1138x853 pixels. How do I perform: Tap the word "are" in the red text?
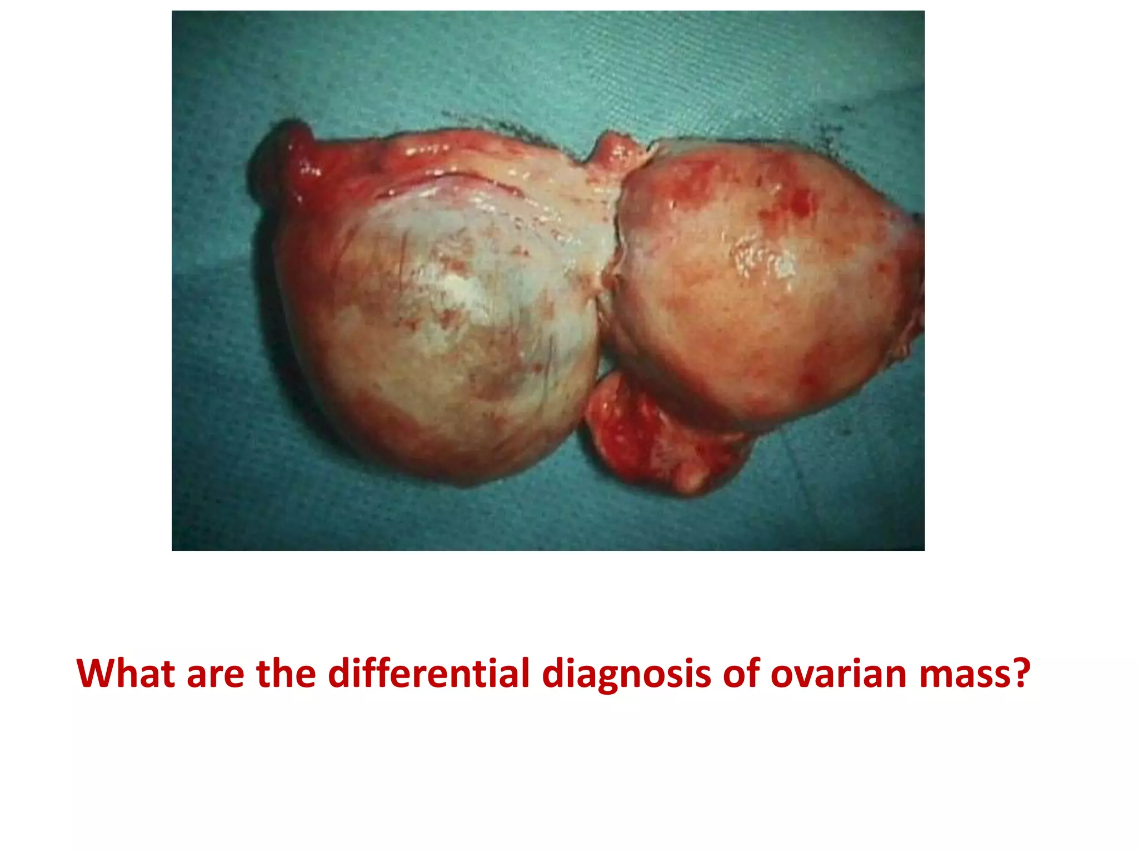pyautogui.click(x=216, y=674)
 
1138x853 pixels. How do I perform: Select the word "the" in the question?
pyautogui.click(x=286, y=674)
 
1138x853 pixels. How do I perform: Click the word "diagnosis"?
pyautogui.click(x=626, y=674)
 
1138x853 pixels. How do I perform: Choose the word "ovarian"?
pyautogui.click(x=839, y=674)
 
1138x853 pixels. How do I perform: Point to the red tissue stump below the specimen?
pyautogui.click(x=661, y=433)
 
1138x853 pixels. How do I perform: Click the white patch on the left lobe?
pyautogui.click(x=461, y=289)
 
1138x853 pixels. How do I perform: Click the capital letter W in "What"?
pyautogui.click(x=94, y=674)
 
